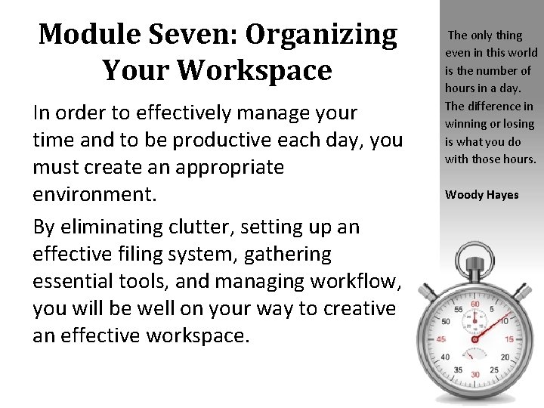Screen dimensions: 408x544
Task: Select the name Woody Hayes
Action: [482, 195]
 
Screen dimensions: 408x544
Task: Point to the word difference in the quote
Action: [499, 106]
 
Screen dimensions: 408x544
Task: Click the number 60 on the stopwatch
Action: [475, 304]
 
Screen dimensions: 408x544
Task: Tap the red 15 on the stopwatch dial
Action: [509, 338]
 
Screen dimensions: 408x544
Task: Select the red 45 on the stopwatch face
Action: [441, 338]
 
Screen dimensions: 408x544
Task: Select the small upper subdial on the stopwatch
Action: [475, 320]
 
